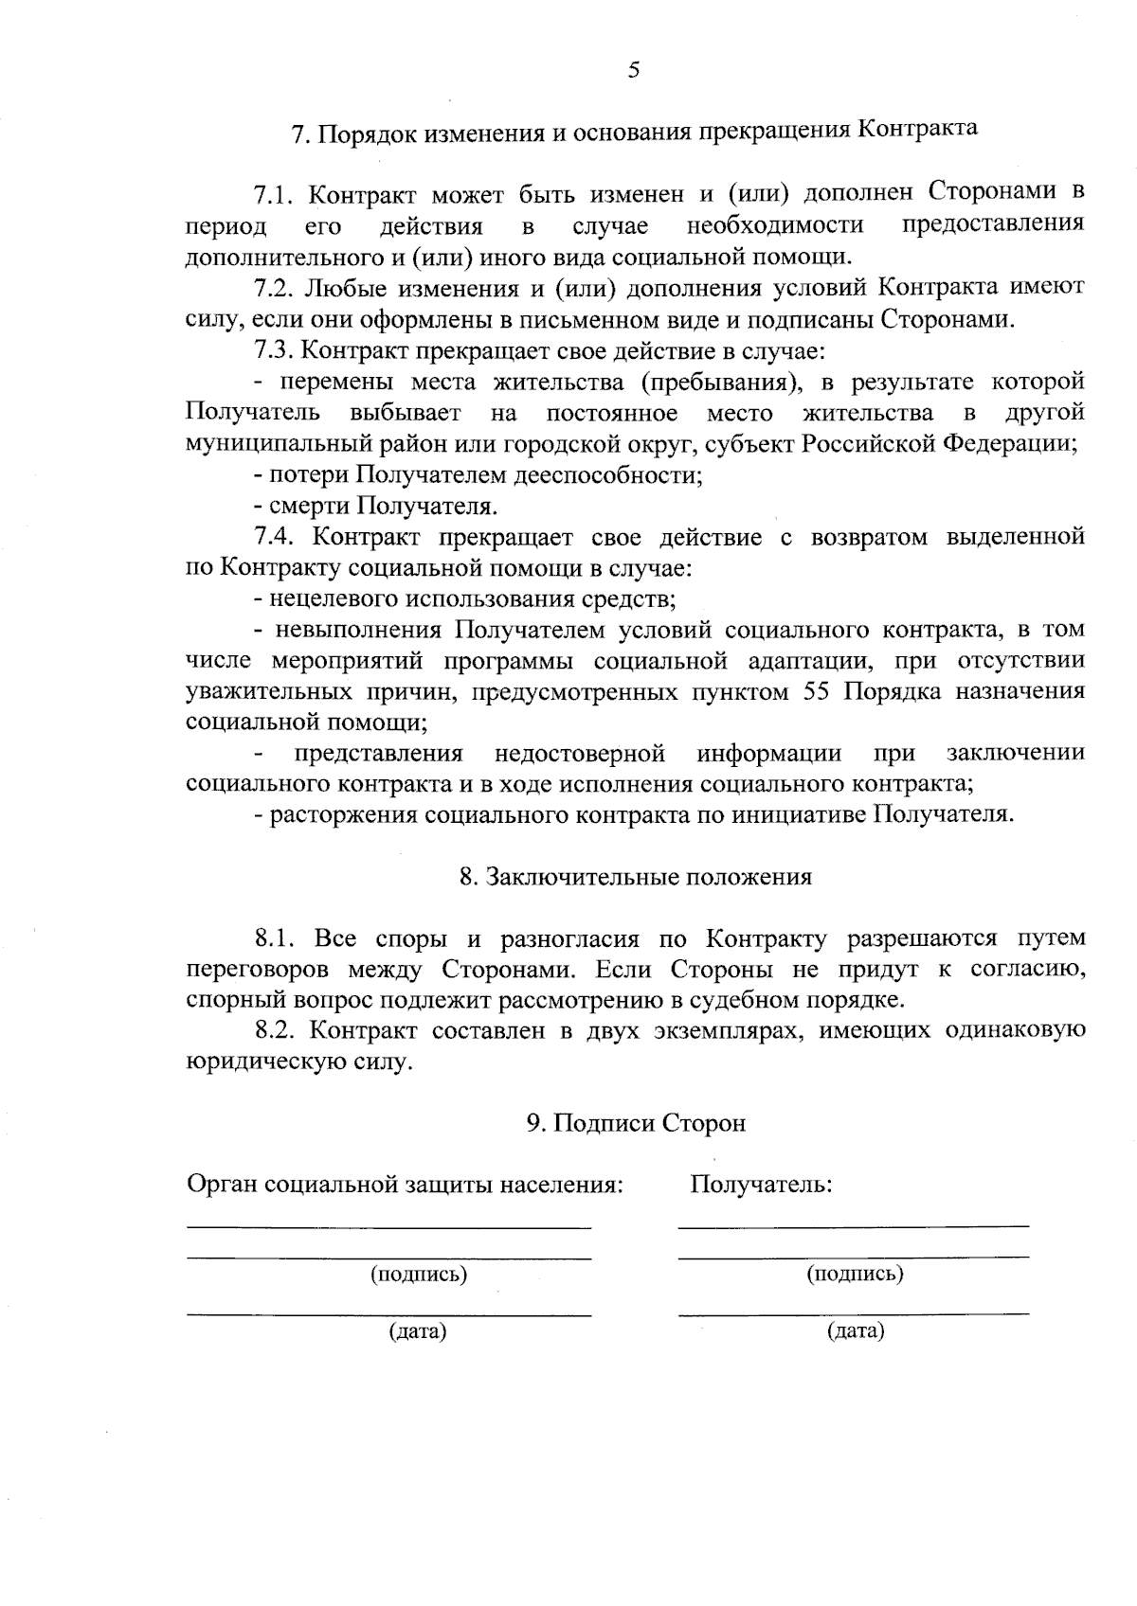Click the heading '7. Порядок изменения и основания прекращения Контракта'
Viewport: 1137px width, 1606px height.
(x=634, y=132)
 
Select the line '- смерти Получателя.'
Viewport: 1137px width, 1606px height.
(x=376, y=507)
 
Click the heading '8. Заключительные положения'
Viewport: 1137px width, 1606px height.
(x=635, y=877)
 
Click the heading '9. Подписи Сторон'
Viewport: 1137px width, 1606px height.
(x=636, y=1123)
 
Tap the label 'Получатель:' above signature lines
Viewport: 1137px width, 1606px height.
(x=761, y=1185)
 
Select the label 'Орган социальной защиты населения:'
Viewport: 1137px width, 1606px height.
(x=405, y=1185)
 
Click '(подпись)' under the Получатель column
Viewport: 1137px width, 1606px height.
(x=855, y=1274)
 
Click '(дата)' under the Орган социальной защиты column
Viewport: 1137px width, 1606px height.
(x=418, y=1331)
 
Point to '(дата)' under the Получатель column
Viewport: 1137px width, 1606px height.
(x=855, y=1331)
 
